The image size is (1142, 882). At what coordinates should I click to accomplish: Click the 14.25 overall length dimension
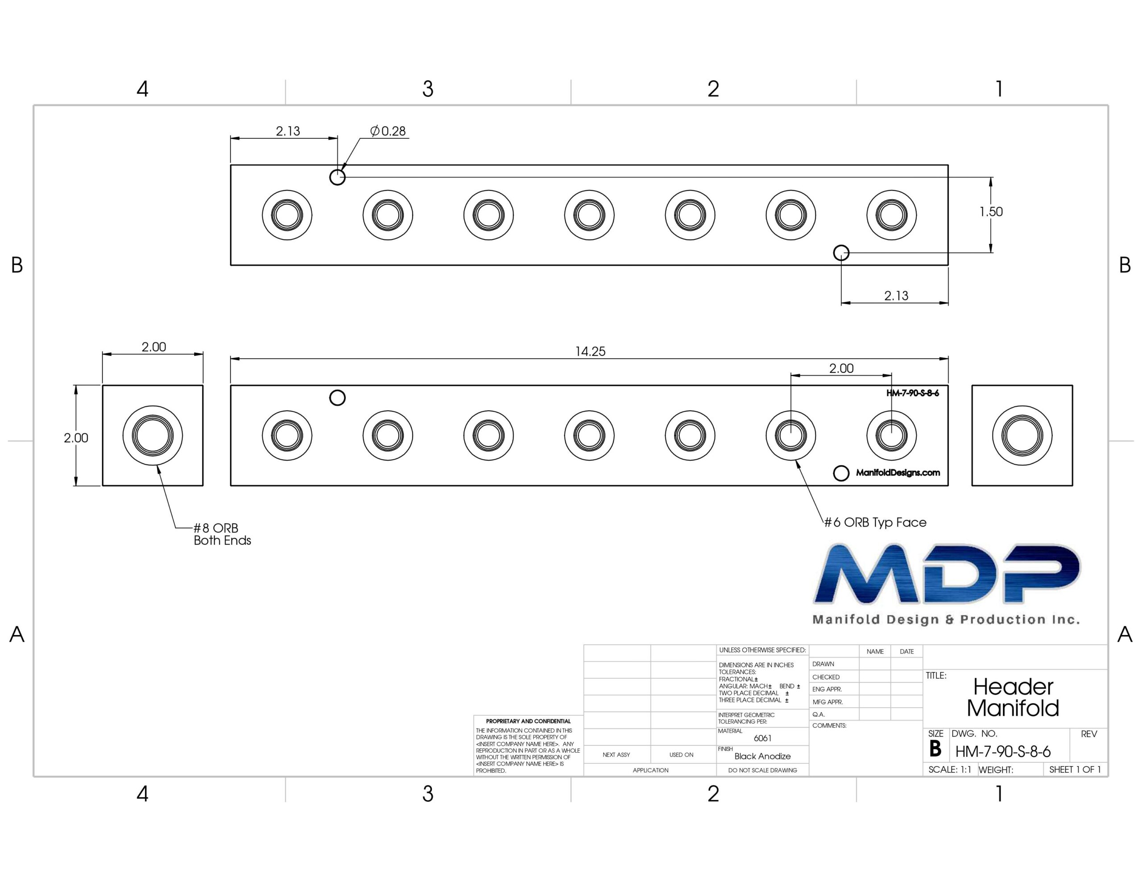590,351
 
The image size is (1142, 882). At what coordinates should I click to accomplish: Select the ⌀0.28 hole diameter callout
388,131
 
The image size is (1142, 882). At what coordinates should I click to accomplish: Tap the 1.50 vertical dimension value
991,212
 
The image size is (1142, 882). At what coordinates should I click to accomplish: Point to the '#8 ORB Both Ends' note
222,534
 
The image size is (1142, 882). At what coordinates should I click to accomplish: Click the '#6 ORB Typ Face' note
875,522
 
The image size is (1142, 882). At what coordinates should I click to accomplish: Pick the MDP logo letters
947,573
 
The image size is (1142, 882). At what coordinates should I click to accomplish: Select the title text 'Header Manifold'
1013,697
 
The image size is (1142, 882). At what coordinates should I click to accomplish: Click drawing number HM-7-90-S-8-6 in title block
1003,752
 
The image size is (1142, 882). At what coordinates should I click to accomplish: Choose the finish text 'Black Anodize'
762,756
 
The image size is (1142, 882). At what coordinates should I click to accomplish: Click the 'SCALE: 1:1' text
950,770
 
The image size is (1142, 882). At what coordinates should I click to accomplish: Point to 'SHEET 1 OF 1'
1075,770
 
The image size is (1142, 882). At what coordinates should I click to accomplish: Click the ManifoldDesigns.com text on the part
898,473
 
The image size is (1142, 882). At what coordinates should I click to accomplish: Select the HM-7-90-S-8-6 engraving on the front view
912,393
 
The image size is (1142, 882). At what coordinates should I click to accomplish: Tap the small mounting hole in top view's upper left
337,177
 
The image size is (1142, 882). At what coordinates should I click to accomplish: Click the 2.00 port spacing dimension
841,369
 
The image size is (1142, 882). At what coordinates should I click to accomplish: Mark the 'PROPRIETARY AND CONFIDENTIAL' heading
528,721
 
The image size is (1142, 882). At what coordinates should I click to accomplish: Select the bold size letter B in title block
935,749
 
